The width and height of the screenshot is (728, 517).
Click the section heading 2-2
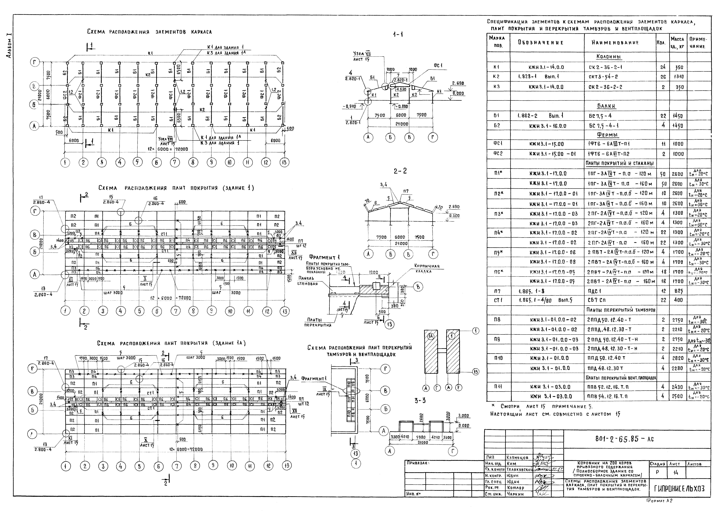(400, 171)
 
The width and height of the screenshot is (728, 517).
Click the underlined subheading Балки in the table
(606, 106)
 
